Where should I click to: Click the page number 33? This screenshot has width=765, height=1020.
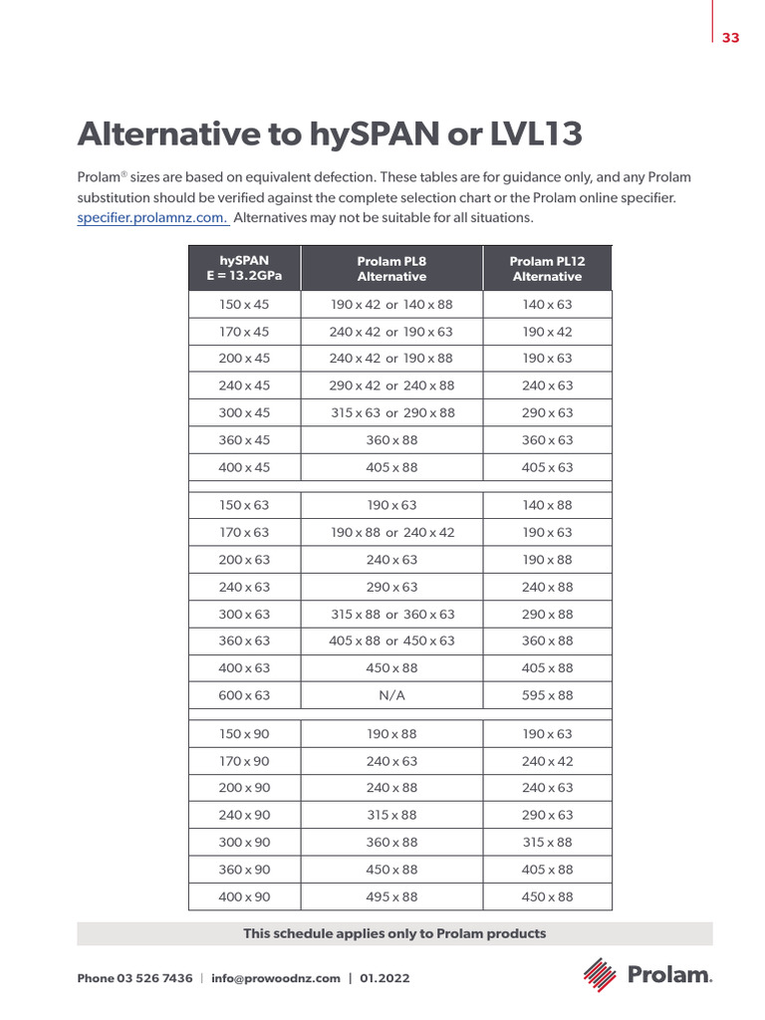(731, 38)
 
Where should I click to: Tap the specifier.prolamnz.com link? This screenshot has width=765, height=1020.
(152, 217)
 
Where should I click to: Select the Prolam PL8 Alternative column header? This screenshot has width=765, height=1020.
(391, 269)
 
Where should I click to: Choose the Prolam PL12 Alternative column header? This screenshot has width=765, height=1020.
(547, 269)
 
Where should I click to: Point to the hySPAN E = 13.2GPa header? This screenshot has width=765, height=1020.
(244, 269)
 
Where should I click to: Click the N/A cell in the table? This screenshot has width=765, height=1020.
(391, 695)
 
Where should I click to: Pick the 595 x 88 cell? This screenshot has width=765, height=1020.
(547, 695)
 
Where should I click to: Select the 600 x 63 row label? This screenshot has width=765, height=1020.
(244, 695)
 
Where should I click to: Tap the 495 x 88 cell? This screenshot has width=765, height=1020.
(391, 896)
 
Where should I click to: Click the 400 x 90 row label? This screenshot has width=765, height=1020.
(244, 896)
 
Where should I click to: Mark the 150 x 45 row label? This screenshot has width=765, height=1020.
(244, 305)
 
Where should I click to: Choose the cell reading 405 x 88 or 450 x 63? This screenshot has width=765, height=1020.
(391, 641)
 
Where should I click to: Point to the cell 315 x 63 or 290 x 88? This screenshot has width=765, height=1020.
(391, 412)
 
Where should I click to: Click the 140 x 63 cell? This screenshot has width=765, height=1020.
(547, 305)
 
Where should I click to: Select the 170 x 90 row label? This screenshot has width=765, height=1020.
(244, 761)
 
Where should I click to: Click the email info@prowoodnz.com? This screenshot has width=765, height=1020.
(276, 978)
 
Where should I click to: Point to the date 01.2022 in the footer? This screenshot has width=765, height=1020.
(384, 978)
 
